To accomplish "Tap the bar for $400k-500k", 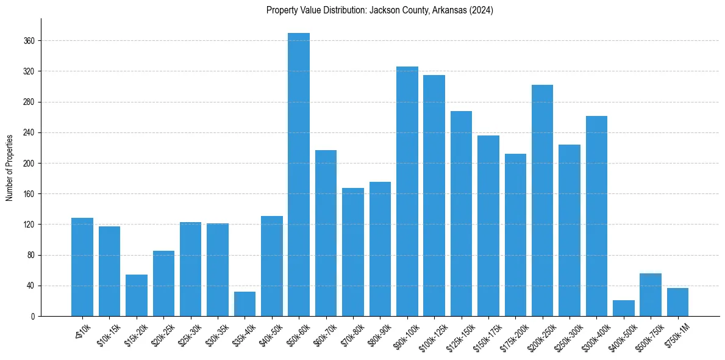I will (624, 308).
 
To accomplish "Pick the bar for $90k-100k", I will (407, 192).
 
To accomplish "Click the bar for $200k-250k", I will (543, 201).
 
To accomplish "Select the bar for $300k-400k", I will (596, 216).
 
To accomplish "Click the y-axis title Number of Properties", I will (9, 167).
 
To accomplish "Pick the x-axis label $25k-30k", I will (191, 334).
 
